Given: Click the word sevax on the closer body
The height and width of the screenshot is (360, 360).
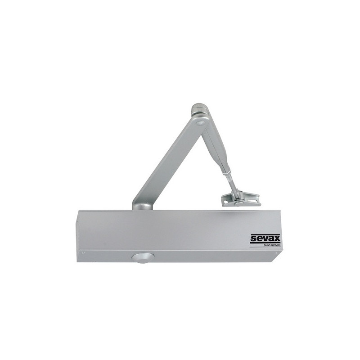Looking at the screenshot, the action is [x=265, y=238].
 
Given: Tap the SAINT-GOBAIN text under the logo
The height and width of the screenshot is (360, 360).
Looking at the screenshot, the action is [x=272, y=245].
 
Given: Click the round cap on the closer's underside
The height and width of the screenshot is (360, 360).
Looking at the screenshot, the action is [x=142, y=258].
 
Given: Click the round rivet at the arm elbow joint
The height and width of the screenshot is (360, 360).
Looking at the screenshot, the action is [x=200, y=122].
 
